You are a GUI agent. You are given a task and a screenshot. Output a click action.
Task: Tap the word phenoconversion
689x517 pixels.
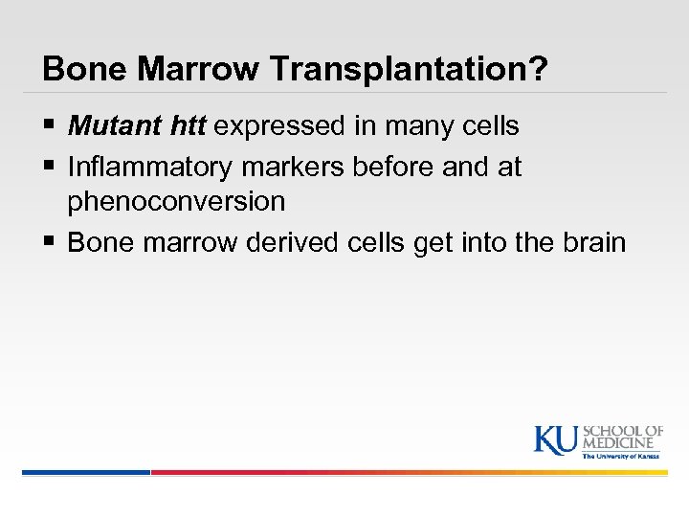tap(176, 202)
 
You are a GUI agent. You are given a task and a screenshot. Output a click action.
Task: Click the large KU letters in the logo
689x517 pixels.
tap(557, 438)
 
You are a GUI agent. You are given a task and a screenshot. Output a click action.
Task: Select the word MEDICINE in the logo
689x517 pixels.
tap(623, 443)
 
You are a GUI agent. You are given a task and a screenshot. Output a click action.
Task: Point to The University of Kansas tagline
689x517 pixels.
tap(622, 457)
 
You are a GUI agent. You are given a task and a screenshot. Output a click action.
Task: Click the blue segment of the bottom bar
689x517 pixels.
tap(86, 472)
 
